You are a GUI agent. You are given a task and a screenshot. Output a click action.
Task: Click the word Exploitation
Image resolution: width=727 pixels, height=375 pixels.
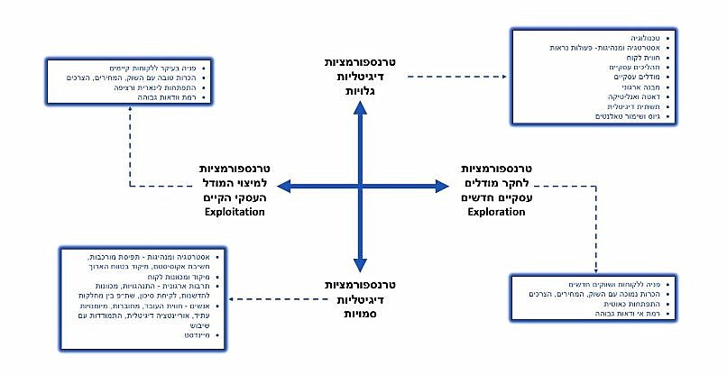coord(234,213)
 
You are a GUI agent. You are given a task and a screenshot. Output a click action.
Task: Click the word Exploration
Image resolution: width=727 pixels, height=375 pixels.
coord(495,213)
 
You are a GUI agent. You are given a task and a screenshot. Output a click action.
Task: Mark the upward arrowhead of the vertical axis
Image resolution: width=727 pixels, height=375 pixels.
coord(360,109)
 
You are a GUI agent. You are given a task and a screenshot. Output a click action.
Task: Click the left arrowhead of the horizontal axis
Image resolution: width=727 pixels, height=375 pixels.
coord(282,185)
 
